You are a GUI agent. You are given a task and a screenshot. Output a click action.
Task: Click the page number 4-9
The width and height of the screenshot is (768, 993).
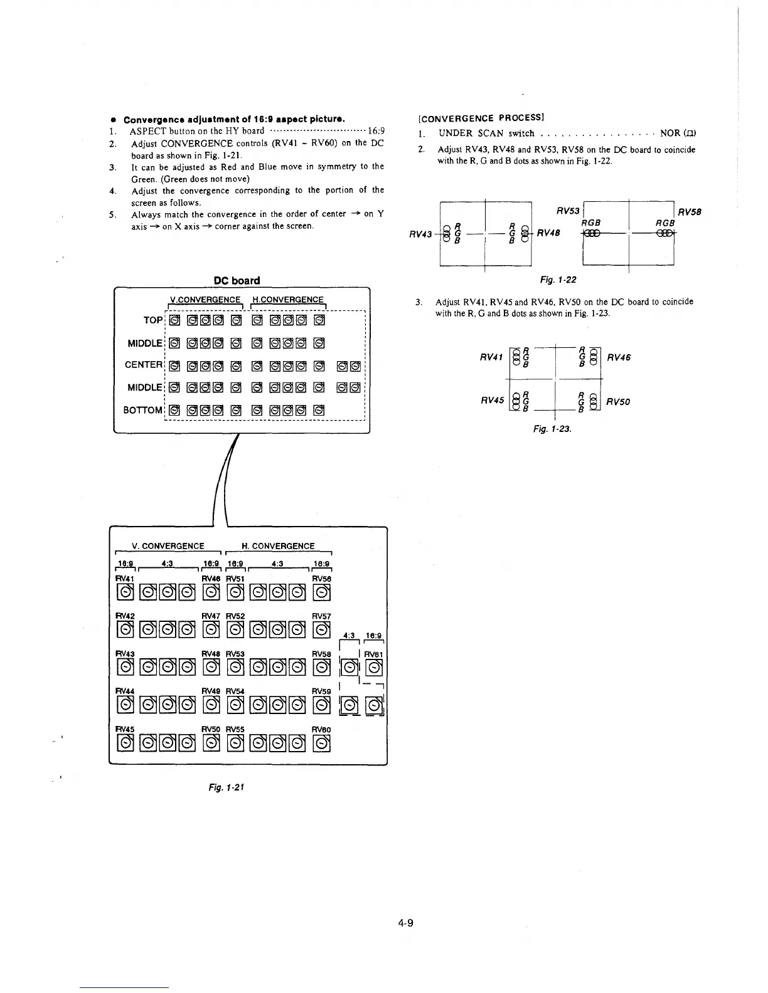click(406, 923)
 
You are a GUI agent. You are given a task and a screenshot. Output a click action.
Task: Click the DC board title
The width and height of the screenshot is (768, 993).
click(237, 280)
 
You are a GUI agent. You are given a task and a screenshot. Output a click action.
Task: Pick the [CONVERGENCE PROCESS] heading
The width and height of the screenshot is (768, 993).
click(480, 117)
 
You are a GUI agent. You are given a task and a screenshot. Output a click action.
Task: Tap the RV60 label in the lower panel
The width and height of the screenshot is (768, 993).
click(321, 730)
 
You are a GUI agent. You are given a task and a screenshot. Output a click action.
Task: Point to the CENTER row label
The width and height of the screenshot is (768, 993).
click(144, 364)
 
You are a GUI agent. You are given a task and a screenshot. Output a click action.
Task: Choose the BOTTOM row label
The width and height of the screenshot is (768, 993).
click(143, 410)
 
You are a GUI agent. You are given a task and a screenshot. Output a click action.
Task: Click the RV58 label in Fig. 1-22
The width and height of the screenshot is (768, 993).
click(688, 212)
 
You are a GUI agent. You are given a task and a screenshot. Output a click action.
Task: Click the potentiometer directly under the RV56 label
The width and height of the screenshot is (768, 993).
click(322, 592)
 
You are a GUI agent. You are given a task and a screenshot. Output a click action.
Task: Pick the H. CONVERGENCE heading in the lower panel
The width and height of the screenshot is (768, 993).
click(278, 546)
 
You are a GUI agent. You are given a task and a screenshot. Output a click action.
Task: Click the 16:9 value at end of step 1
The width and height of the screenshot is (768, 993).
click(376, 131)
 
